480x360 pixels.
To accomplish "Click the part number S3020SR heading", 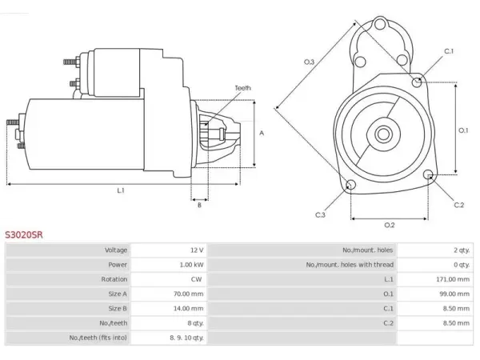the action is (24, 234).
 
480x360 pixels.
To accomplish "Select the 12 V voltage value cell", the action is (197, 250).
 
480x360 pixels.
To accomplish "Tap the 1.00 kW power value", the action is (191, 265).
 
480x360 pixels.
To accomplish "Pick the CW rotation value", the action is (196, 279).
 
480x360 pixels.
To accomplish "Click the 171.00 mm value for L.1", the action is (453, 279).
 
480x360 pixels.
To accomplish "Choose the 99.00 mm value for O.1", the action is (454, 294).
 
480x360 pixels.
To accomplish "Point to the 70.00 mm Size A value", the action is (188, 294).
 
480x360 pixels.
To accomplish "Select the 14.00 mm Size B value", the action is (188, 308).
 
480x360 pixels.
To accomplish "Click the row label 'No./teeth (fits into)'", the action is (98, 338).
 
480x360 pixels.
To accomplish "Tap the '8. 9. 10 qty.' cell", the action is (186, 338).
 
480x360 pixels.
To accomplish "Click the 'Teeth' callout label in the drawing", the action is (242, 88).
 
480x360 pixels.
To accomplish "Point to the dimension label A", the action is (262, 133).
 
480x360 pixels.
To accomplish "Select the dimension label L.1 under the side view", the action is (121, 190).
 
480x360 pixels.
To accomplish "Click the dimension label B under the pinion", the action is (199, 205).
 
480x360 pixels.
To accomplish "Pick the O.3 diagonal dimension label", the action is (309, 62).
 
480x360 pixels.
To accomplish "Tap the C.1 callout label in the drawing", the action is (449, 51).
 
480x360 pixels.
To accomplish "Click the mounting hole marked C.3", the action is (350, 185).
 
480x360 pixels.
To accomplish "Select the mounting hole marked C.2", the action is (429, 174).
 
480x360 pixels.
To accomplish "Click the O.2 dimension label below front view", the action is (390, 225).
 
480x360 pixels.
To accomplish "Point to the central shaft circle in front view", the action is (383, 134).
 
